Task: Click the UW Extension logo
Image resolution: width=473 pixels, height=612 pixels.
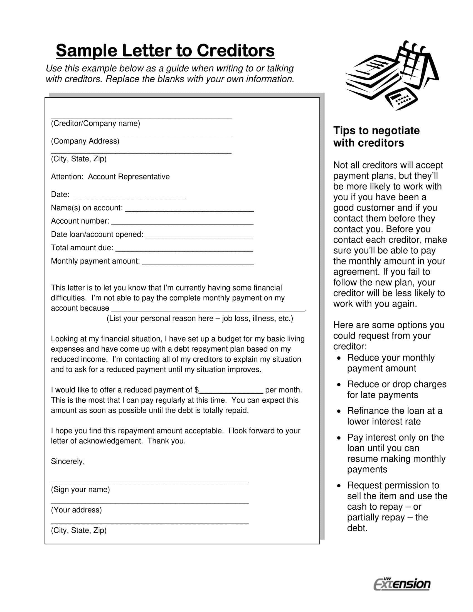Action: pos(402,584)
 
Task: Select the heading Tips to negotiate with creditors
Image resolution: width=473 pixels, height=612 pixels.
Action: pos(376,137)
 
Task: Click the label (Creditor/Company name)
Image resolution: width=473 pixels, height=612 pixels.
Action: pos(95,123)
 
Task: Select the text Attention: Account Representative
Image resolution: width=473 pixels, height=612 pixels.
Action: pos(110,177)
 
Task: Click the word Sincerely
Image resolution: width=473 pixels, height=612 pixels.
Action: pos(68,462)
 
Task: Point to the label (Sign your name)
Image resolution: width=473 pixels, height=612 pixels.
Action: pos(80,490)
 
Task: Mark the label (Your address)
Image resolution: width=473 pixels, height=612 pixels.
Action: pos(76,510)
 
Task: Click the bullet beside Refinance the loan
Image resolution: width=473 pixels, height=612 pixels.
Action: pos(339,411)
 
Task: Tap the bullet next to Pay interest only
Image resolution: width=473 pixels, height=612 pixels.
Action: pos(339,438)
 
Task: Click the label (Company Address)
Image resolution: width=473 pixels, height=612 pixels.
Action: pos(85,141)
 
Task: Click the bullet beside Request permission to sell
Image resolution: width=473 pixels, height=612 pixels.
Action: pos(339,486)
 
